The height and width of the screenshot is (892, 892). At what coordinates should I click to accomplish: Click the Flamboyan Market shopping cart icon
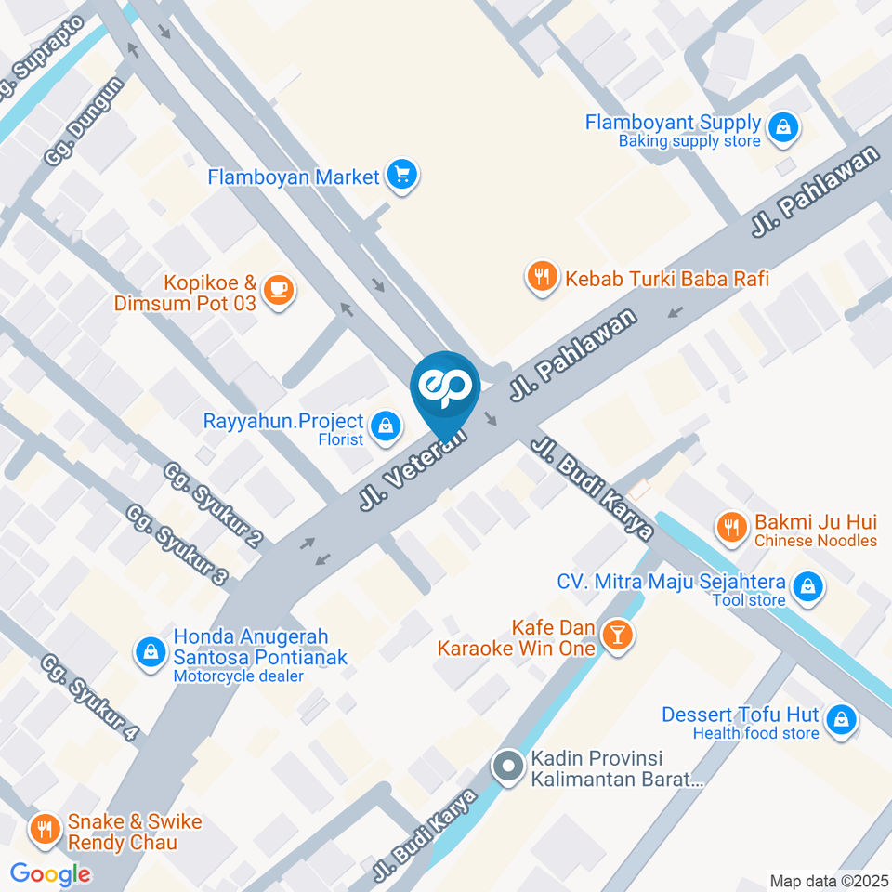point(402,174)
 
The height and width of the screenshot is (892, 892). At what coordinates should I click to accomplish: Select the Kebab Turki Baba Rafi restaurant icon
point(542,276)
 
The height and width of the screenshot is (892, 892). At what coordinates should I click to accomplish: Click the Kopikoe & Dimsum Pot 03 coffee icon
point(278,290)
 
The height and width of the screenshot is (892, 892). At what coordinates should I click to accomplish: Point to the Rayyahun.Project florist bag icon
point(382,426)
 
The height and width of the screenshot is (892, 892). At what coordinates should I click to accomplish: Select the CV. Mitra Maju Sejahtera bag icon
point(808,587)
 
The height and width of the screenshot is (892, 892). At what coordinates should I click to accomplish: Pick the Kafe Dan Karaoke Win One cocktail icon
point(616,636)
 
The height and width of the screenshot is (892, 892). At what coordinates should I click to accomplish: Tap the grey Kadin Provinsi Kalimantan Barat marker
point(508,767)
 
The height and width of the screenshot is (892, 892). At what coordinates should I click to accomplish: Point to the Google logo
point(50,873)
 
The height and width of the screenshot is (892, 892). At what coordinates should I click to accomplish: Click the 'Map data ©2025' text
point(828,881)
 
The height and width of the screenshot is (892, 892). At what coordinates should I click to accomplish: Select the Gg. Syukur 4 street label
point(90,697)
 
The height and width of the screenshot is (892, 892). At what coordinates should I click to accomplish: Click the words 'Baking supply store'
point(689,141)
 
